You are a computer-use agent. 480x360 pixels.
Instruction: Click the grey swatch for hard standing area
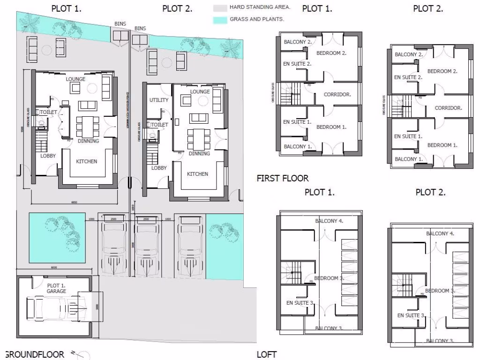tap(220, 8)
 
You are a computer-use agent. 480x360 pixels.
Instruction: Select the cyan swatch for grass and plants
tap(220, 20)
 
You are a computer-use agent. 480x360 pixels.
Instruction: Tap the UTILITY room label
tap(158, 100)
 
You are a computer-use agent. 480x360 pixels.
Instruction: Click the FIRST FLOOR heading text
tap(283, 178)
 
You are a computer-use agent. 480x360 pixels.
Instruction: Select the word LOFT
tap(267, 354)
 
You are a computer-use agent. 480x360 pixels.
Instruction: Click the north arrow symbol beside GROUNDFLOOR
tap(77, 355)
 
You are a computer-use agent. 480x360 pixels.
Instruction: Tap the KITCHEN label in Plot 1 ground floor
tap(87, 162)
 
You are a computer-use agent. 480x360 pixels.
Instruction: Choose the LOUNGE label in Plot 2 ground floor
tap(200, 92)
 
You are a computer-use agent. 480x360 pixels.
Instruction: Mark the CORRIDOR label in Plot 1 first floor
tap(337, 95)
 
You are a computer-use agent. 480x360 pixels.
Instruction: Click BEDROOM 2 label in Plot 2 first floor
tap(442, 71)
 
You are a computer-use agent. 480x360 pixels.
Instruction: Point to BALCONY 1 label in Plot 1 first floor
tap(297, 147)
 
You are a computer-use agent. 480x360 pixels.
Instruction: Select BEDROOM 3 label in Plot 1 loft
tap(329, 278)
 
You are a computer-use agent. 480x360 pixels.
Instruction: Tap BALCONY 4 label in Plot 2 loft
tap(440, 233)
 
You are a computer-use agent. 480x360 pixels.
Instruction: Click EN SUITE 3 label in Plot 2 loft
tap(411, 315)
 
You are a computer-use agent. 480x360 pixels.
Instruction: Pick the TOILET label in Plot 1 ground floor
tap(49, 112)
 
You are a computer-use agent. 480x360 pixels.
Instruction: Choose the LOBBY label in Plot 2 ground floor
tap(159, 168)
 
